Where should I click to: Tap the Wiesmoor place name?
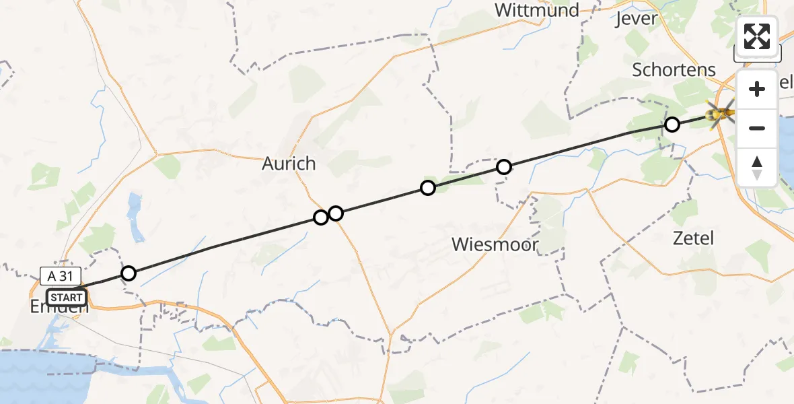point(496,244)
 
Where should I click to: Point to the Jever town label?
point(636,18)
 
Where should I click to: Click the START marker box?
point(67,297)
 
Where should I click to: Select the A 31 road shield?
point(60,275)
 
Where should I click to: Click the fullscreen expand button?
point(757,36)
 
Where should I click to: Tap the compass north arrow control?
point(757,167)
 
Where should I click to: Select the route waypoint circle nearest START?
point(128,273)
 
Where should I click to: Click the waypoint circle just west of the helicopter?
point(672,125)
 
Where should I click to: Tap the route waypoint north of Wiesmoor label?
point(503,167)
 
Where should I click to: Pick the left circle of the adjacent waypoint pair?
point(321,217)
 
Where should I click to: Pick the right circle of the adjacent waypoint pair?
point(335,213)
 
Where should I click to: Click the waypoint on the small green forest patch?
point(427,188)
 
